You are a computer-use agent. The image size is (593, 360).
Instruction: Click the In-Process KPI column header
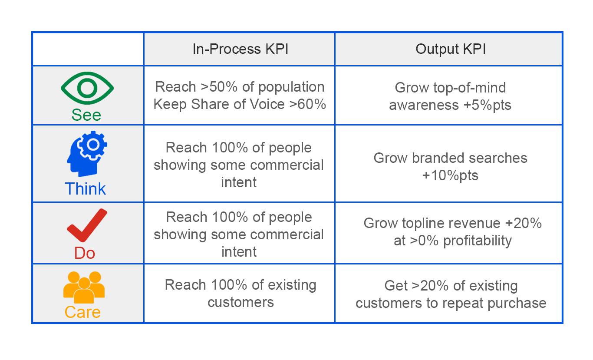[240, 49]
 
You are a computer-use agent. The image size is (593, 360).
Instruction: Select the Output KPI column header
[451, 49]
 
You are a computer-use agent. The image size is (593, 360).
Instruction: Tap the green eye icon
[87, 88]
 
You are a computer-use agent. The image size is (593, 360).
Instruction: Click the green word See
[86, 115]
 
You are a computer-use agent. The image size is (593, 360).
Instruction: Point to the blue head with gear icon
[87, 154]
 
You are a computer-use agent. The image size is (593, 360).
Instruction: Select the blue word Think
[85, 188]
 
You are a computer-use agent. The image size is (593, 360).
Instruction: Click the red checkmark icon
[87, 225]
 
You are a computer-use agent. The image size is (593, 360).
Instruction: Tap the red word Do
[85, 253]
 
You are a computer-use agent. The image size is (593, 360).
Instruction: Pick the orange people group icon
[84, 287]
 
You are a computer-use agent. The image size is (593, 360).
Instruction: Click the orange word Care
[82, 312]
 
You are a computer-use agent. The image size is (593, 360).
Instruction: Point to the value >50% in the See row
[219, 87]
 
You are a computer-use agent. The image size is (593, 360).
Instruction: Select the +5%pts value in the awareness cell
[487, 105]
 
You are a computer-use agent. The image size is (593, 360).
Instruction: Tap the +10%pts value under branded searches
[450, 175]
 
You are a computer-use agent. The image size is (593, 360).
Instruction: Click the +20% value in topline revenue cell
[523, 223]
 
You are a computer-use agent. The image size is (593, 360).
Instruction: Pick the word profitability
[478, 241]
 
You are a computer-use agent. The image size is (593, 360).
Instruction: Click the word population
[291, 87]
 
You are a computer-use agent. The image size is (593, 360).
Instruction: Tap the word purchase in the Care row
[517, 303]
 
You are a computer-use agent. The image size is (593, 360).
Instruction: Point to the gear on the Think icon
[93, 145]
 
